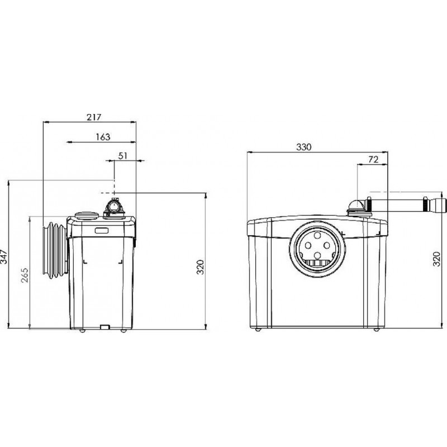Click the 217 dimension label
[94, 117]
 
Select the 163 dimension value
[103, 137]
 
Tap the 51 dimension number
[122, 156]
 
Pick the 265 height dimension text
[25, 275]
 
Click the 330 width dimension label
[304, 147]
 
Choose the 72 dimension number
[373, 159]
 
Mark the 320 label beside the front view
[437, 259]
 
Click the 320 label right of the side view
[201, 267]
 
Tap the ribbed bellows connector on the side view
[55, 250]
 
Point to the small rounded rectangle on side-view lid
[101, 231]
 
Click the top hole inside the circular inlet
[317, 236]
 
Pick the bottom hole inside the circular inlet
[317, 255]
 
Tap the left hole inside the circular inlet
[308, 245]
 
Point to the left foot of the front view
[258, 330]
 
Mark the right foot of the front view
[376, 330]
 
